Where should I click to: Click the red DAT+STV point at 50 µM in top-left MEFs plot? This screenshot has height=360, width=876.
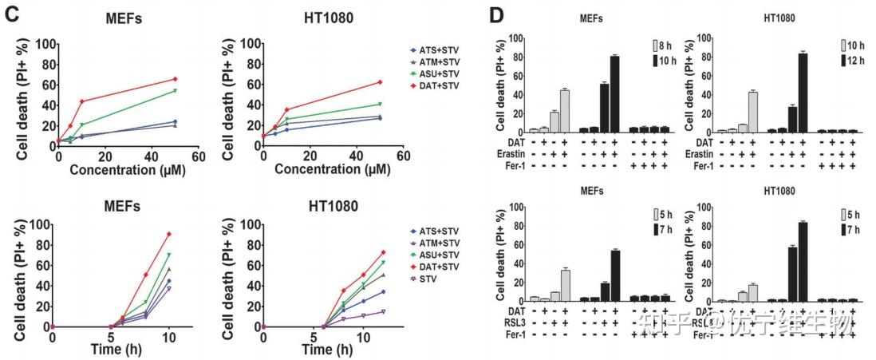pos(175,79)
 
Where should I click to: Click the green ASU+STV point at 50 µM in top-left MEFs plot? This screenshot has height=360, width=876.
pos(175,91)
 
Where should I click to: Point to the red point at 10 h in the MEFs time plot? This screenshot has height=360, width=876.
pos(169,234)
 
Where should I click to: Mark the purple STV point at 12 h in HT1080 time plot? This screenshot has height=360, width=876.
pos(383,311)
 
